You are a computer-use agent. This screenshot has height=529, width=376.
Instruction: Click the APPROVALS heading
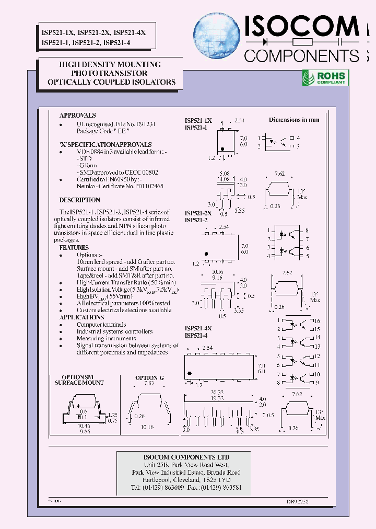77,115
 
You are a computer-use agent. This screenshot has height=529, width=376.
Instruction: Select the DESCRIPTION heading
79,200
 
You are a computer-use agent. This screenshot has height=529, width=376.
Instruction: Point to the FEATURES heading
74,248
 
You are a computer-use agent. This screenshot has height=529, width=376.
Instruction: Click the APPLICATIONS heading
81,317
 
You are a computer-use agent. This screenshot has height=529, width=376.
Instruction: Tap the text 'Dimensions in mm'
293,120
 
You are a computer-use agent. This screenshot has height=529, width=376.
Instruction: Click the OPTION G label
149,377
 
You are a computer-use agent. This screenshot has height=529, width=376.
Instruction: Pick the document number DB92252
298,501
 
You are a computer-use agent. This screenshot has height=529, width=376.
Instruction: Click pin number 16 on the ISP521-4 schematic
316,321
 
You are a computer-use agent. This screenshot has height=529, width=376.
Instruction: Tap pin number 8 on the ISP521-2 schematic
307,231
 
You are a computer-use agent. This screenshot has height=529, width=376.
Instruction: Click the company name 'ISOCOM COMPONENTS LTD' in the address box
186,457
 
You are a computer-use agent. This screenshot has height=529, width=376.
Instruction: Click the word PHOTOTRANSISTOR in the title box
109,73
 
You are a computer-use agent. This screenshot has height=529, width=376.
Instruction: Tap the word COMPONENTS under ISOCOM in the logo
301,56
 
